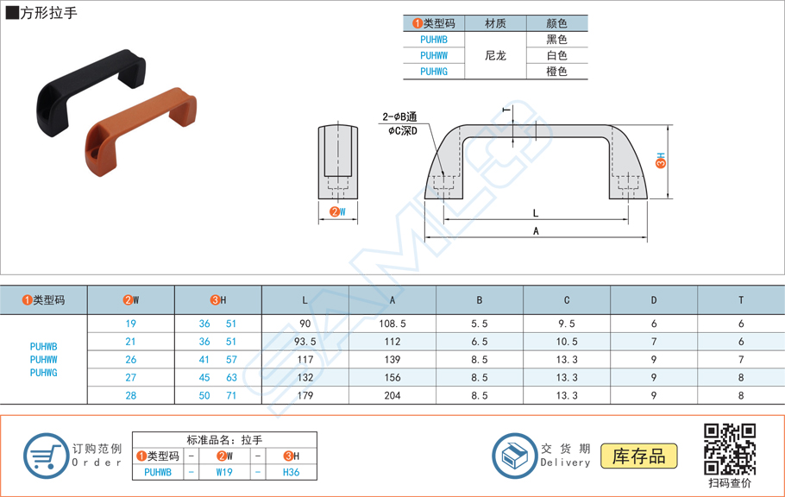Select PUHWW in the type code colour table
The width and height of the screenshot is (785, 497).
pos(434,55)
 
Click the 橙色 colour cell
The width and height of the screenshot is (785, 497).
pos(556,72)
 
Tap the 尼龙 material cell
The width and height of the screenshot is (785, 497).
pos(495,55)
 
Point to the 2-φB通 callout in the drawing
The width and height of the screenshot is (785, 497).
pos(399,116)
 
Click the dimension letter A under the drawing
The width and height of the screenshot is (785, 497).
pos(536,231)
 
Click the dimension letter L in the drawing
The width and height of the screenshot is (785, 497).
pos(536,213)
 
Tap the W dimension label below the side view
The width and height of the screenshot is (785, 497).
pos(338,212)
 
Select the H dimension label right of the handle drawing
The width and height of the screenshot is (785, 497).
pos(660,160)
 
